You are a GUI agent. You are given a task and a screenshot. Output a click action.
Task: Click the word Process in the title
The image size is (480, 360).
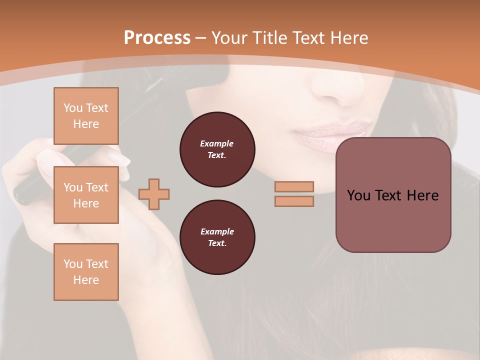click(157, 38)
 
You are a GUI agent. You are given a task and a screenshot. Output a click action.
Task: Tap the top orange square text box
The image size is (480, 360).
click(86, 116)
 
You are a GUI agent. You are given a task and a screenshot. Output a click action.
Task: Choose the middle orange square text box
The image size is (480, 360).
click(86, 195)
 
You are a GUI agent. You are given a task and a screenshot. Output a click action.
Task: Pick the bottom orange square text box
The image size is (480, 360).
click(86, 272)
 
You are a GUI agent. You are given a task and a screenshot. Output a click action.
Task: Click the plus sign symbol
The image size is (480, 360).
click(154, 194)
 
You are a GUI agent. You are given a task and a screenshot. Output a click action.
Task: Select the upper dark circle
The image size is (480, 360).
click(217, 149)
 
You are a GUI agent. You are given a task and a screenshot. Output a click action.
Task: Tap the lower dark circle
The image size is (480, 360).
click(217, 237)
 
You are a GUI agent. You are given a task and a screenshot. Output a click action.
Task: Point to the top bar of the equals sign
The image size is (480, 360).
click(294, 186)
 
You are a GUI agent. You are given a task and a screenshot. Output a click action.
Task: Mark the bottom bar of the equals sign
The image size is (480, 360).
click(294, 201)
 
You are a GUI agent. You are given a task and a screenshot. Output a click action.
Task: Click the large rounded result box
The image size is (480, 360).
click(393, 195)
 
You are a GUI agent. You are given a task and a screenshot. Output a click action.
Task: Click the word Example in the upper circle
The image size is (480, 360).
click(217, 143)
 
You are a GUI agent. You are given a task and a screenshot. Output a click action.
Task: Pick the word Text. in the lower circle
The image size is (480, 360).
click(217, 243)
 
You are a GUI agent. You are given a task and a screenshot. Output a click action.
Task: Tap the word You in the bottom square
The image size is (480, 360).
click(72, 264)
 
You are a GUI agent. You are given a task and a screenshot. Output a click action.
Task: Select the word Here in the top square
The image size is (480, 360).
click(86, 124)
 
